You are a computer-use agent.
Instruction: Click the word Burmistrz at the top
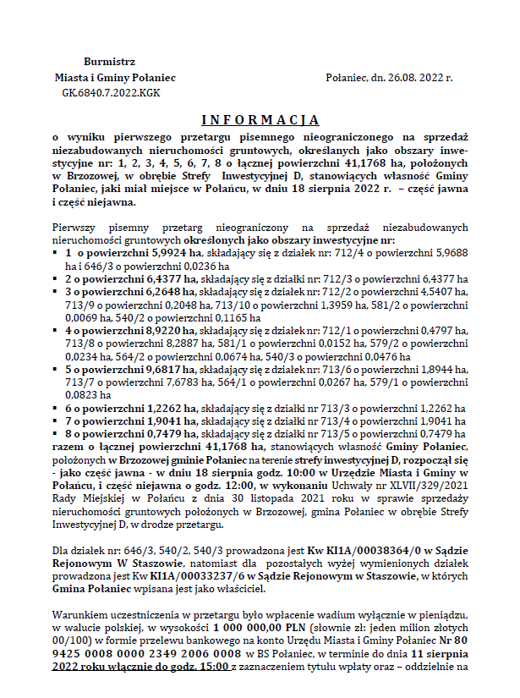(109, 62)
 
